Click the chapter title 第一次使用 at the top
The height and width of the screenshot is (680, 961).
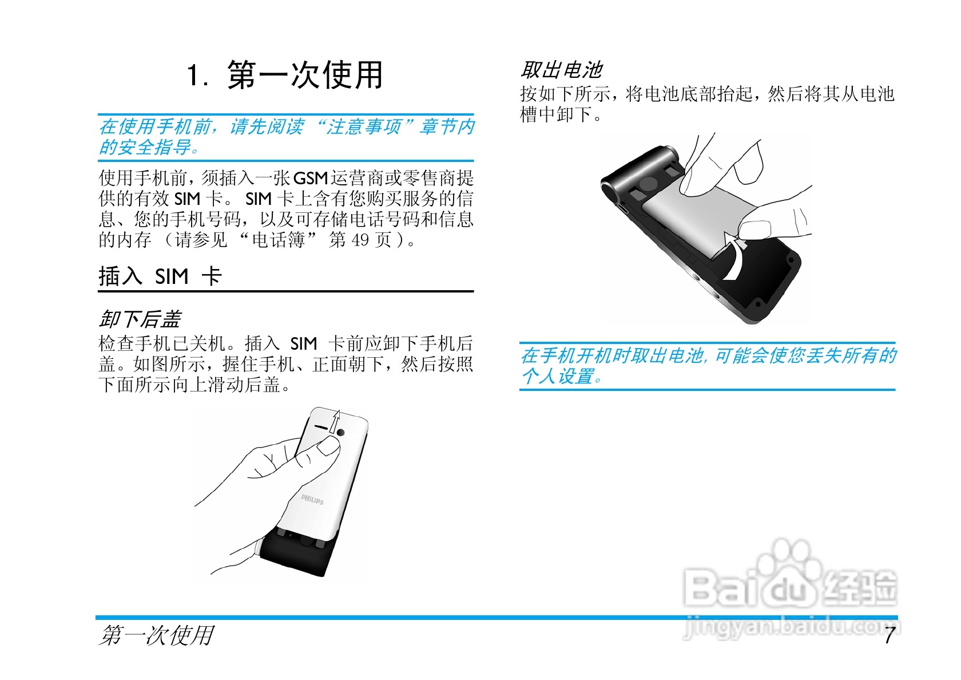click(x=285, y=75)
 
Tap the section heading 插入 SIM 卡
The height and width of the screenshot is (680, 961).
click(x=160, y=276)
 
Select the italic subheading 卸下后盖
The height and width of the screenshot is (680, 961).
click(x=140, y=319)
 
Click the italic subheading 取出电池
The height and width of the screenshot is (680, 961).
click(x=561, y=70)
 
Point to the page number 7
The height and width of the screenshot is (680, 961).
click(x=889, y=635)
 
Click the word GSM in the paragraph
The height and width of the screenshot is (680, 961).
click(x=311, y=179)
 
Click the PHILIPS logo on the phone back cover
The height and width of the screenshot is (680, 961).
click(x=312, y=499)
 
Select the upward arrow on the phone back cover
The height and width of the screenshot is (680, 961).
click(x=336, y=422)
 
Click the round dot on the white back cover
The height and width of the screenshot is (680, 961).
click(x=341, y=433)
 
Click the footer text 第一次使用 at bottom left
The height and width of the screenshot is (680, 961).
click(x=156, y=635)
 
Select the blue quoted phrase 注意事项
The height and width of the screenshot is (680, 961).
click(x=363, y=126)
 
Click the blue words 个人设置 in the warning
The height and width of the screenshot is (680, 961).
click(x=558, y=377)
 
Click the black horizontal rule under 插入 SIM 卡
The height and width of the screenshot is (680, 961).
click(x=285, y=291)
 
